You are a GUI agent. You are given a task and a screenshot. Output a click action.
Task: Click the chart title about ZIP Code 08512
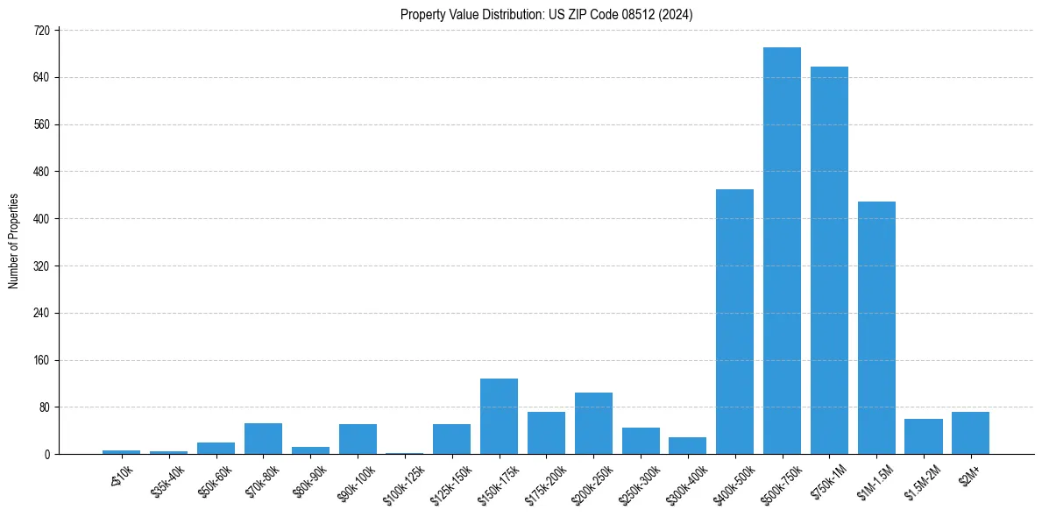click(x=547, y=14)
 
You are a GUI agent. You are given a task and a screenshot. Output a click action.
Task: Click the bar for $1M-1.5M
click(x=876, y=328)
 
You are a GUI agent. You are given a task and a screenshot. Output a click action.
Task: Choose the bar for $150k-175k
click(x=499, y=416)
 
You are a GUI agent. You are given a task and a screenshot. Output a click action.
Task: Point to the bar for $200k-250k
click(x=593, y=423)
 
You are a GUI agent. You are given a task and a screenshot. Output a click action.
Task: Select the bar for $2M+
click(x=970, y=433)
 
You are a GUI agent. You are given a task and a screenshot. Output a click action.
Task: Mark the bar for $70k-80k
click(x=263, y=438)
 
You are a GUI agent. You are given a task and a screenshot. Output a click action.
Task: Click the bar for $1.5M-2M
click(x=923, y=436)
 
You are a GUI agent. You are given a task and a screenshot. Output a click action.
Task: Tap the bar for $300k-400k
click(x=687, y=445)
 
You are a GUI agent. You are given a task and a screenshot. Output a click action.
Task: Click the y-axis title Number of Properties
click(x=13, y=241)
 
